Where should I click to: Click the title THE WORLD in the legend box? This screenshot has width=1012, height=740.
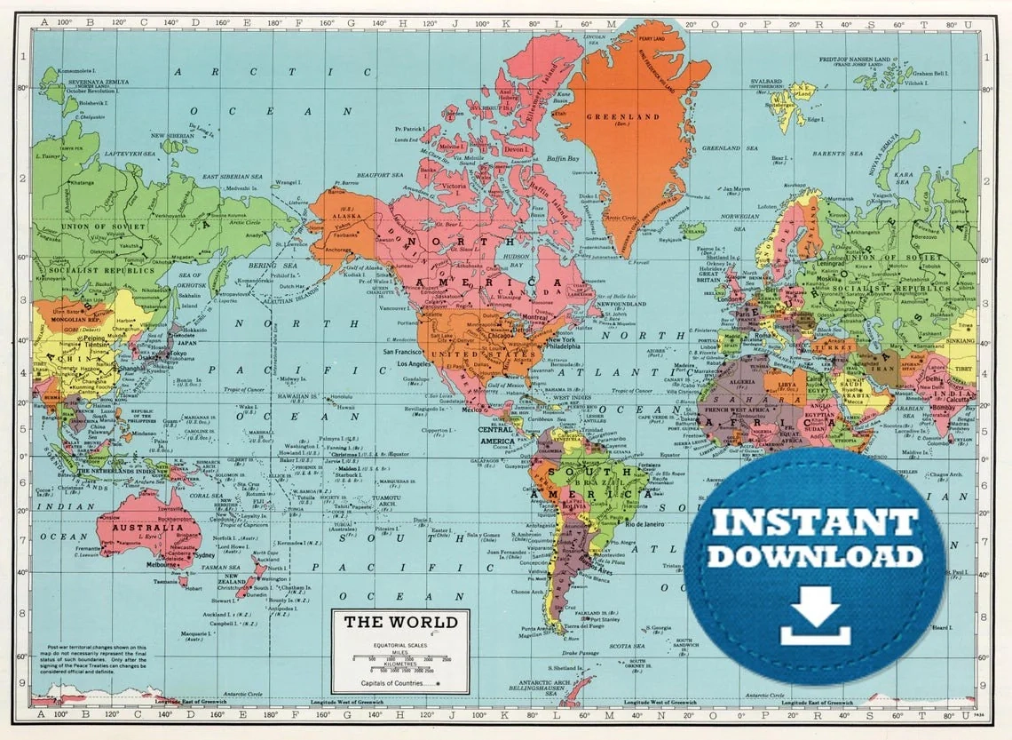pos(400,622)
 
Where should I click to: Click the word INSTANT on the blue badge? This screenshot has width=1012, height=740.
pos(816,522)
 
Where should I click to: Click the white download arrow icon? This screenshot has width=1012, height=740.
pos(815,618)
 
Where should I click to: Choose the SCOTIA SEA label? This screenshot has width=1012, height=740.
pos(627,646)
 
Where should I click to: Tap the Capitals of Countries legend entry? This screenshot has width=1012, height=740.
pos(396,683)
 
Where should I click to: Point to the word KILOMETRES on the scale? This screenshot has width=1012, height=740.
pos(400,664)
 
